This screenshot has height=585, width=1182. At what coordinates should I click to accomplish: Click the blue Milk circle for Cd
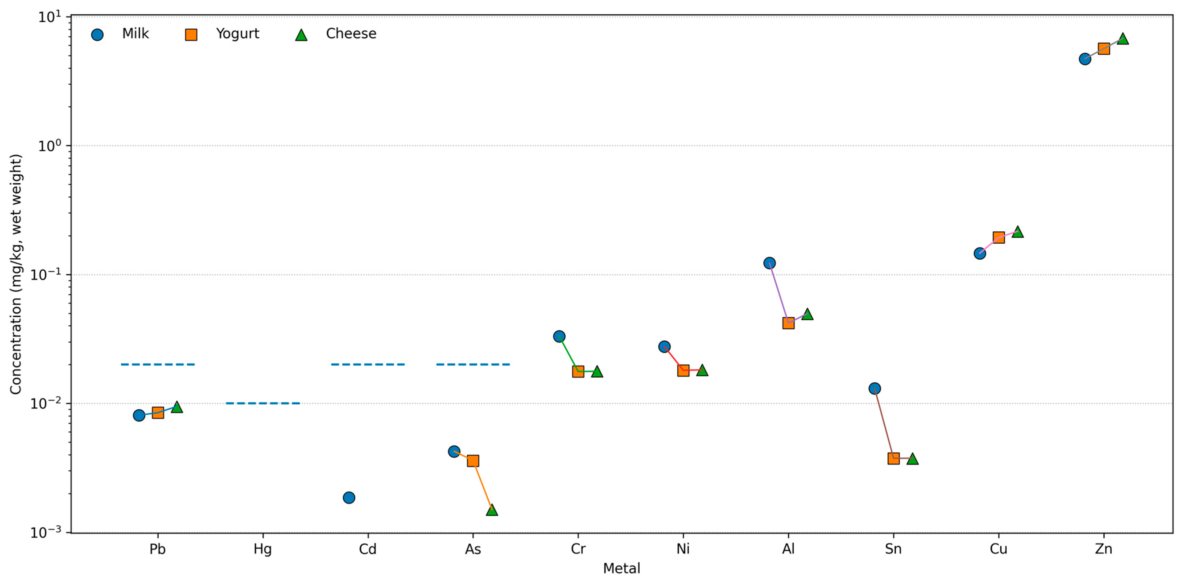point(349,497)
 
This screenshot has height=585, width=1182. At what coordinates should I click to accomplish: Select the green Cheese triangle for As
point(492,510)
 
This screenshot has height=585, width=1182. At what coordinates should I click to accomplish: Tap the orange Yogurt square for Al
point(788,323)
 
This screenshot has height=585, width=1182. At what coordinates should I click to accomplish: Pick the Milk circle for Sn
point(874,389)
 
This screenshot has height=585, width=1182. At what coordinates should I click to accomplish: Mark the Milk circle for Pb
point(139,415)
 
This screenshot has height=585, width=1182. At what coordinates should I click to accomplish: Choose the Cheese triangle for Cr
point(597,372)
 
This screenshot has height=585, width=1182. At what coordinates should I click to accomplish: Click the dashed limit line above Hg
point(263,403)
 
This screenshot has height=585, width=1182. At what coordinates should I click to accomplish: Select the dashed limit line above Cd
point(368,364)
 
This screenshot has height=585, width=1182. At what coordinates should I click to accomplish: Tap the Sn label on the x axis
point(893,549)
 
